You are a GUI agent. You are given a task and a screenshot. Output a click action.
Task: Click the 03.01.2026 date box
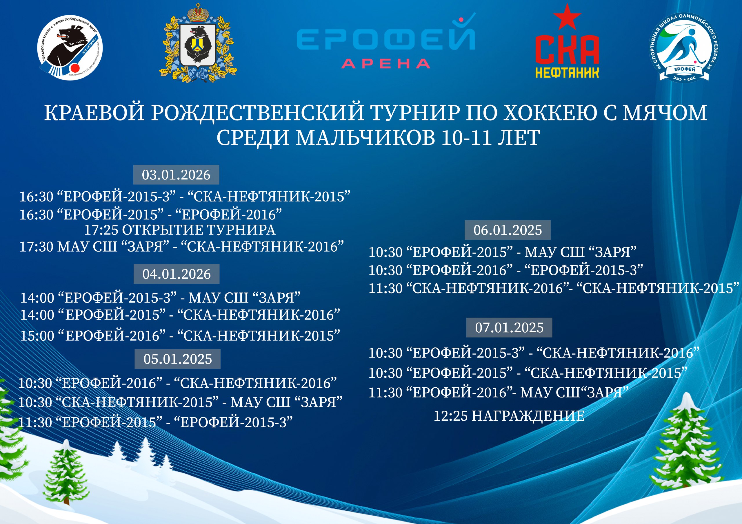coord(176,175)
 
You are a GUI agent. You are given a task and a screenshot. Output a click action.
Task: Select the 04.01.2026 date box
coord(177,274)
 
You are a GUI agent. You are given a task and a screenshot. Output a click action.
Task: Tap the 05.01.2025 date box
coord(177,359)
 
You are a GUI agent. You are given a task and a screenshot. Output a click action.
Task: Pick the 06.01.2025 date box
coord(508,230)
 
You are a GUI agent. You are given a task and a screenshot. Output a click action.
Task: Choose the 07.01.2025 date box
coord(509,327)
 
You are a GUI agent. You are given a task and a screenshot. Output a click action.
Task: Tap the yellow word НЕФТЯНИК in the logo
coord(567,73)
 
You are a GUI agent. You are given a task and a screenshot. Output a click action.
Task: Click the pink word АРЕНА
coord(385,64)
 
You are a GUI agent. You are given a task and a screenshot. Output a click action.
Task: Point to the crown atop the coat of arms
coord(198,13)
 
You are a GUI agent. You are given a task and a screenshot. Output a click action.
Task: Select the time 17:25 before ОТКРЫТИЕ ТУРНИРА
coord(101,230)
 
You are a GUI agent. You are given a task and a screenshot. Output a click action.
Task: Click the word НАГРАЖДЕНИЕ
coord(528,415)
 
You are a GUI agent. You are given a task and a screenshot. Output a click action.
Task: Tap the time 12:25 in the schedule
coord(450,416)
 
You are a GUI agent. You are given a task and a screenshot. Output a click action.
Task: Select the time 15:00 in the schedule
coord(37,336)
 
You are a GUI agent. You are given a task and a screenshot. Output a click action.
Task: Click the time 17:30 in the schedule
coord(36,247)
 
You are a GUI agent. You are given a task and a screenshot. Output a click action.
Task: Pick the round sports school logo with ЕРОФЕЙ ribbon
coord(684,47)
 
